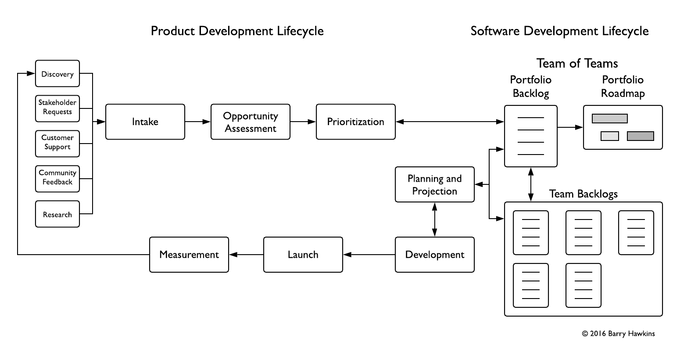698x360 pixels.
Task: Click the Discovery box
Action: pos(57,74)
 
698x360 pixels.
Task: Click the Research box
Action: pos(57,214)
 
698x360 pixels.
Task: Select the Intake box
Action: pos(145,122)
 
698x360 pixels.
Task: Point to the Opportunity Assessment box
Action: pos(250,122)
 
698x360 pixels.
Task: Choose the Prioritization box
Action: pos(355,122)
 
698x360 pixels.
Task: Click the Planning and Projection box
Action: pos(434,184)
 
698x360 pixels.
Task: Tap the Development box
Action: pos(434,255)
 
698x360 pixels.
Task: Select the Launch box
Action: pos(303,255)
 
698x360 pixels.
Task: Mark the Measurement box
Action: pos(189,255)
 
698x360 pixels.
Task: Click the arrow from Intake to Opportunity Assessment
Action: pos(197,122)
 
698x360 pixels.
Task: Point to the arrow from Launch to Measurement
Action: pos(246,255)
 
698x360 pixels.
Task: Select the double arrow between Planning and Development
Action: pos(434,220)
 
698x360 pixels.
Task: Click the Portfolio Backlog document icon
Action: pos(530,136)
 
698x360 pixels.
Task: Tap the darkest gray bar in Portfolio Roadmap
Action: pos(640,136)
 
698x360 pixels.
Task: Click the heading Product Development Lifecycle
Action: pos(237,31)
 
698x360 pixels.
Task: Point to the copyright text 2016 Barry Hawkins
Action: pos(618,334)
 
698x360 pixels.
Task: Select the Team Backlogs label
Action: pos(583,194)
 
